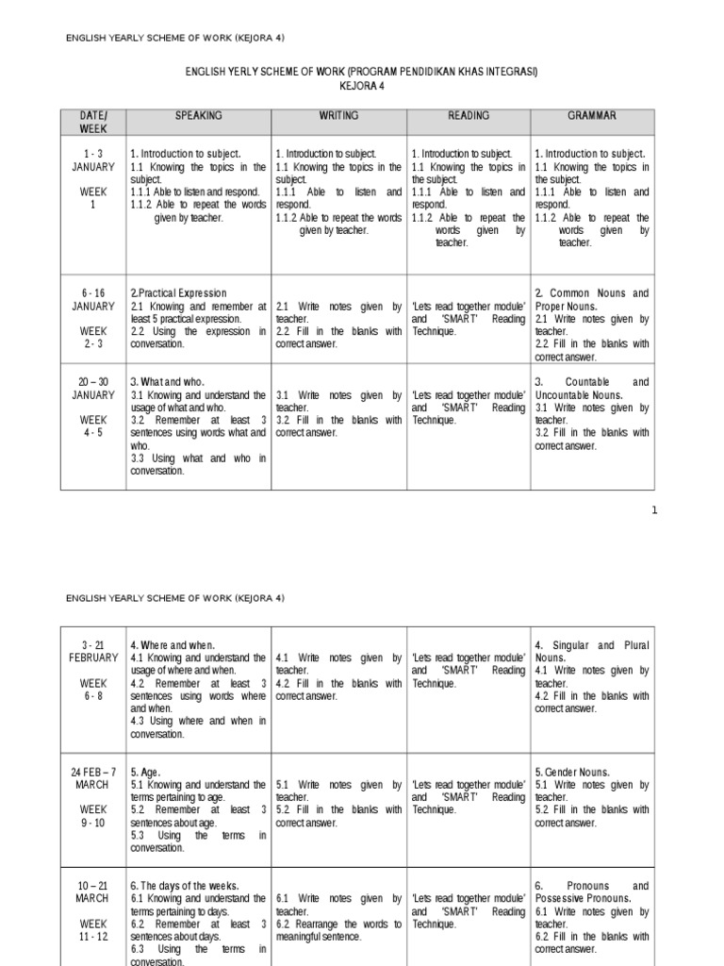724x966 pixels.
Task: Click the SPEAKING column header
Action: [198, 116]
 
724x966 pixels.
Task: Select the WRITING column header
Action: [338, 116]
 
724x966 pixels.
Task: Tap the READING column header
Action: [469, 116]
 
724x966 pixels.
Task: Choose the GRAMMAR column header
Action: [592, 116]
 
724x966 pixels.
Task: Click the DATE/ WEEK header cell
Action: [93, 122]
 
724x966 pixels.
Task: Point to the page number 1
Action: [655, 510]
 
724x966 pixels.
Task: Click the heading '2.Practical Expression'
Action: [178, 293]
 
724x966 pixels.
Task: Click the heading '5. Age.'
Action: [145, 772]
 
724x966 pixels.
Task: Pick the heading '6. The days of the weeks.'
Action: [185, 886]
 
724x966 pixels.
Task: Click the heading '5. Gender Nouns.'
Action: [572, 772]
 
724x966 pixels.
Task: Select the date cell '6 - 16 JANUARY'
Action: [93, 300]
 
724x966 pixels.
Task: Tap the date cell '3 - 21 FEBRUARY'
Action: [93, 651]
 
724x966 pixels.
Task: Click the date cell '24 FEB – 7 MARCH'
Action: [93, 778]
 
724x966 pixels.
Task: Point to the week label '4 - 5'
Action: [93, 432]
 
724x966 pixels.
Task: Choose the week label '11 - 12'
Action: [93, 937]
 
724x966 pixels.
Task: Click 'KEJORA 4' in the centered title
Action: [362, 86]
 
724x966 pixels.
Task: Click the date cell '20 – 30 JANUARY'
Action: [93, 389]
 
